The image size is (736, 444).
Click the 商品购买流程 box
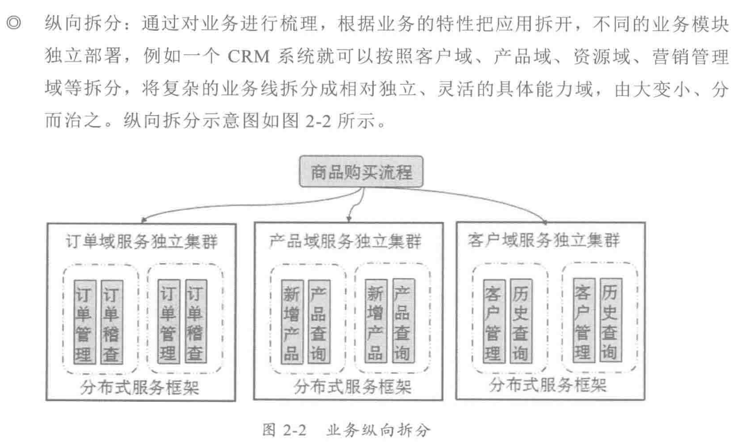[x=361, y=172]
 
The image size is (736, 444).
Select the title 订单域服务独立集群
[x=141, y=242]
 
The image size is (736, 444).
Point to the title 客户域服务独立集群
[x=544, y=240]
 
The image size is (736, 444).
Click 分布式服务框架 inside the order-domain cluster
[x=139, y=387]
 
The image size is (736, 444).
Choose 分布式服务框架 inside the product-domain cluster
[x=353, y=386]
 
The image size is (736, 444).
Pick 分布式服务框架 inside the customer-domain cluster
[x=547, y=385]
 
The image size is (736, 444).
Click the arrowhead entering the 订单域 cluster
[x=144, y=220]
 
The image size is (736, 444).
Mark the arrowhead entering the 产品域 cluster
[x=349, y=219]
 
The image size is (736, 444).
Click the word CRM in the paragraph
[x=249, y=57]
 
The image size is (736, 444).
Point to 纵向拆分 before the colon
[x=84, y=24]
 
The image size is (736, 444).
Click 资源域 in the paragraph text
[x=601, y=57]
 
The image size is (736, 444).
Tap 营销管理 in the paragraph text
[x=690, y=57]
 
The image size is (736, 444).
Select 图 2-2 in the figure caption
[x=284, y=430]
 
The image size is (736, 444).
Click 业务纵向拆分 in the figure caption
[x=378, y=430]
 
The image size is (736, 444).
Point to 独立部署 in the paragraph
[x=84, y=57]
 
